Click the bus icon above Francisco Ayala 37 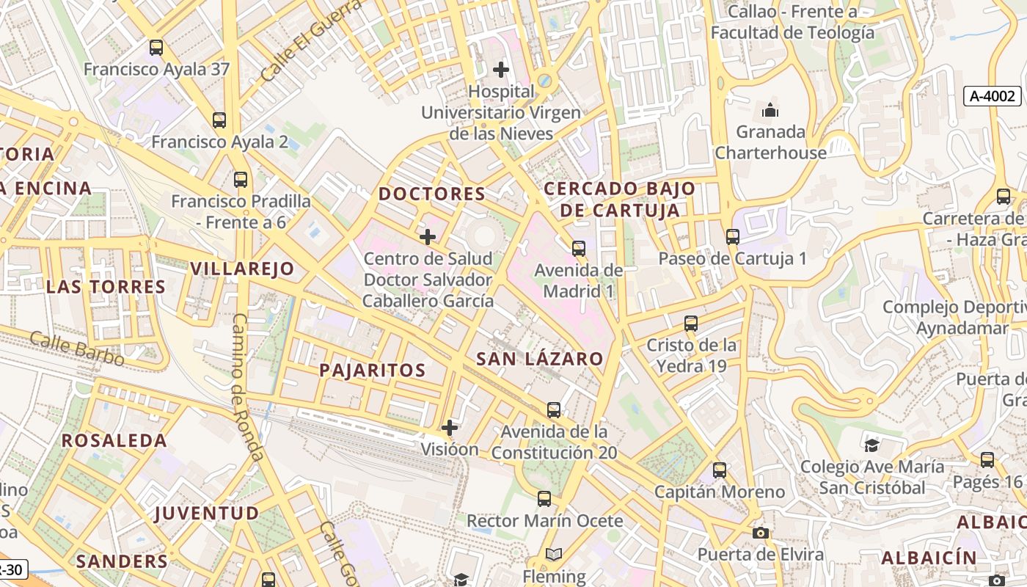pos(156,48)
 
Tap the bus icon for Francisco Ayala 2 pos(219,120)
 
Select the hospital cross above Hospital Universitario pos(501,70)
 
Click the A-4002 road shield pos(992,95)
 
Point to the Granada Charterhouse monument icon pos(770,111)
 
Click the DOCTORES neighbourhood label pos(431,194)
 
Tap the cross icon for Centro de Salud pos(428,237)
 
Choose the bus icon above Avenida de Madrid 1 pos(579,249)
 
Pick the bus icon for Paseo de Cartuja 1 pos(732,237)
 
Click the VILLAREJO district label pos(242,269)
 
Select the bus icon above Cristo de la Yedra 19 pos(690,324)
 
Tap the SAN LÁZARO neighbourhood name pos(539,359)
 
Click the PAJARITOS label pos(372,370)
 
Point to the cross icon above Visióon pos(450,427)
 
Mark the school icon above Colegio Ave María pos(871,445)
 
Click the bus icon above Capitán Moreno pos(720,470)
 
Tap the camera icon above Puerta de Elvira pos(761,533)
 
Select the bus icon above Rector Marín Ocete pos(544,499)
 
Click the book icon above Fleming pos(554,555)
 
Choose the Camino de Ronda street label pos(248,385)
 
